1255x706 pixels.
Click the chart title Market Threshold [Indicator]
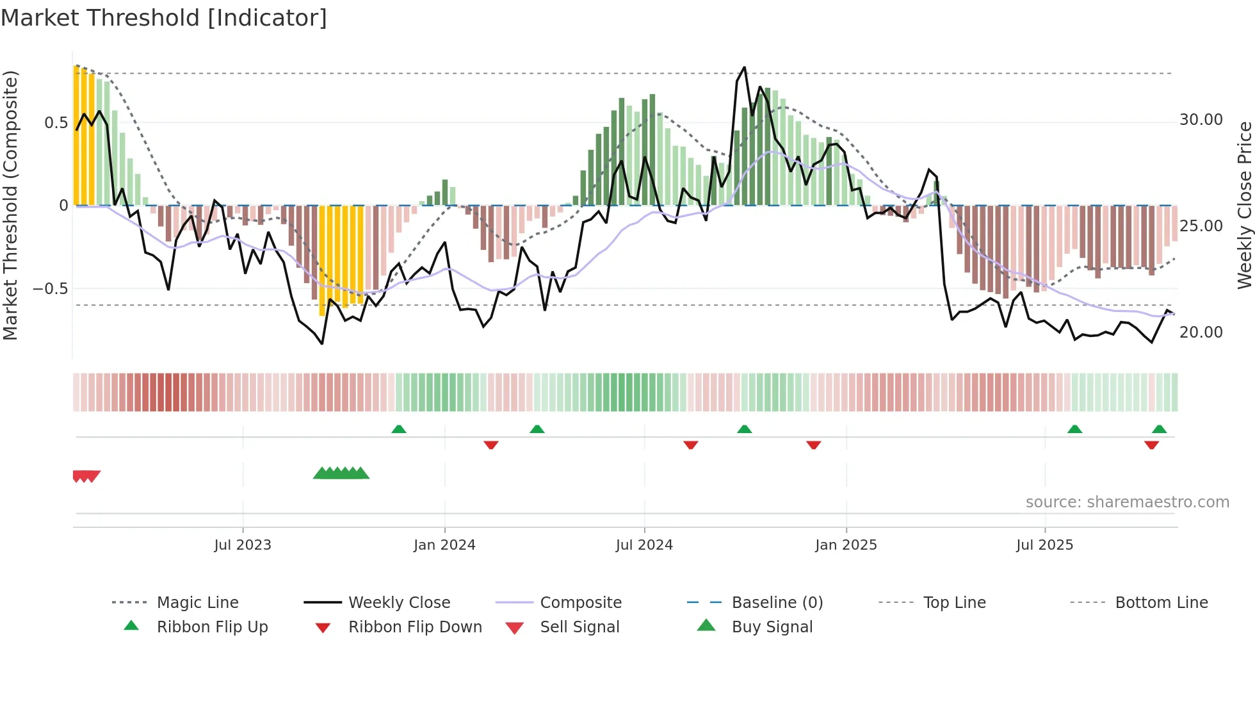(164, 18)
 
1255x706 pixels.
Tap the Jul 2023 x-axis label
(243, 545)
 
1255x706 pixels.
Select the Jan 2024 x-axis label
(444, 545)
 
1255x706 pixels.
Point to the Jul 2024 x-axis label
(644, 545)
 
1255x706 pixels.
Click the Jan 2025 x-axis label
(846, 545)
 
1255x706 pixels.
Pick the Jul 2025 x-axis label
(1044, 545)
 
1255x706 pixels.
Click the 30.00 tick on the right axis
(1201, 120)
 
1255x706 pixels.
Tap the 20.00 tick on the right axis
(1201, 332)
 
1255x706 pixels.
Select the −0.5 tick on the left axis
(51, 289)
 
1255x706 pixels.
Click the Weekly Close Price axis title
(1244, 205)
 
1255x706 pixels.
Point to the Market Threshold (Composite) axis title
(10, 205)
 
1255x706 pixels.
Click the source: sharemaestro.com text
(1127, 502)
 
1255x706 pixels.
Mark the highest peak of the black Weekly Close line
(744, 67)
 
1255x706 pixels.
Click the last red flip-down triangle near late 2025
(1151, 445)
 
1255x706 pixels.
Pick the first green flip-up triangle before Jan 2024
(399, 429)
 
